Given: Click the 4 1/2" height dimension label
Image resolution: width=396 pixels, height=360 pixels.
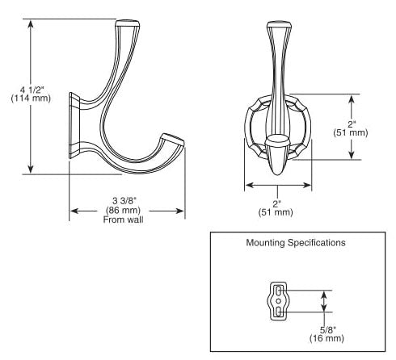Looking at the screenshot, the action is [x=32, y=90].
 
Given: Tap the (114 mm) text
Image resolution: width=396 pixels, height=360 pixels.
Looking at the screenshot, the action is [x=31, y=98].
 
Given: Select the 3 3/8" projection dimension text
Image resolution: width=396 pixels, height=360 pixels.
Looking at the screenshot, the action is [x=124, y=201].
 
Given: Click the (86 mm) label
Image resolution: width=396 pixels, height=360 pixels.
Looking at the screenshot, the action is [x=123, y=210].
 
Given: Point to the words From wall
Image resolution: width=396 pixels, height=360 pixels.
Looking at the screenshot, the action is [x=123, y=220].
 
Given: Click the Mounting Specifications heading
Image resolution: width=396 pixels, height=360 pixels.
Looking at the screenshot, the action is [x=296, y=243].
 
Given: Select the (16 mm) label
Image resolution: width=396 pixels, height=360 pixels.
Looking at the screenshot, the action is [x=326, y=338].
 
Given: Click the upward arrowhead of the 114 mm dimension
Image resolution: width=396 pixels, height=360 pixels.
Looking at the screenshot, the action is [x=31, y=24].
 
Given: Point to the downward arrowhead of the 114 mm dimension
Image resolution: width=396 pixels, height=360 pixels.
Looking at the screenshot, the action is [x=31, y=169].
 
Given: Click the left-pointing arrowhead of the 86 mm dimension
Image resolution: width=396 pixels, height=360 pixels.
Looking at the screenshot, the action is [x=74, y=211].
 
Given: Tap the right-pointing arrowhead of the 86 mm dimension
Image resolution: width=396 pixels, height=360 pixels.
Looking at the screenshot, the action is [x=180, y=211].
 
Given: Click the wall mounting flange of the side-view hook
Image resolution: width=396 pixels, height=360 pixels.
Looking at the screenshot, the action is [x=74, y=125].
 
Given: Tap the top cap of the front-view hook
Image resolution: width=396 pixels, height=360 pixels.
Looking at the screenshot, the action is [x=280, y=25].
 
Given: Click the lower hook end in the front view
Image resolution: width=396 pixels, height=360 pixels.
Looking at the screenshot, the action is [x=277, y=155].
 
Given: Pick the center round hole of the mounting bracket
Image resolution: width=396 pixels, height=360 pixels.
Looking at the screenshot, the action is [x=279, y=301].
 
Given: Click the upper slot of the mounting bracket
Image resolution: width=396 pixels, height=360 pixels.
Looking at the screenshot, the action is [x=279, y=291].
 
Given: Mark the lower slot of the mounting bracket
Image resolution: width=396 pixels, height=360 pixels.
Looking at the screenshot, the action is [x=279, y=312].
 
